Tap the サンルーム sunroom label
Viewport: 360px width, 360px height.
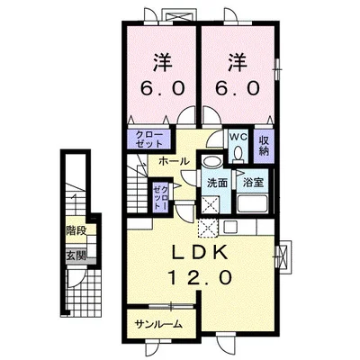click(x=158, y=324)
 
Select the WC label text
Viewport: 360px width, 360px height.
click(x=238, y=138)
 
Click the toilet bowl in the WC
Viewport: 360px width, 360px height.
click(x=238, y=153)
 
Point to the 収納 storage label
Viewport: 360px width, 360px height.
click(x=264, y=146)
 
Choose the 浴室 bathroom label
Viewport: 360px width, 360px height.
click(x=253, y=183)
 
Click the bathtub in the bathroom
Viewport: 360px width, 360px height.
click(x=252, y=203)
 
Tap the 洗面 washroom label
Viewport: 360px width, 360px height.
click(x=218, y=183)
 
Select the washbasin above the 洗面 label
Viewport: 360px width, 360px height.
click(x=211, y=161)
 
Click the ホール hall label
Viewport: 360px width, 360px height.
click(x=174, y=161)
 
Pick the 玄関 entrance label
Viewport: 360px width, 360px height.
click(x=76, y=256)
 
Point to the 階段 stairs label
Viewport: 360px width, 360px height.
click(x=76, y=231)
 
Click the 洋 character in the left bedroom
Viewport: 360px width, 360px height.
click(x=163, y=63)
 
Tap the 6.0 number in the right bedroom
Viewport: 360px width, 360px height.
click(x=237, y=89)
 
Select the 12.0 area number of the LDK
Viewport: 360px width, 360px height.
click(x=200, y=277)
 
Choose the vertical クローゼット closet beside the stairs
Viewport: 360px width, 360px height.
click(x=160, y=196)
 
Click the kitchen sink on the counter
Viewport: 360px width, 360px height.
click(x=231, y=228)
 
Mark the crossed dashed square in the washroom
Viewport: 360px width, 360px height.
click(x=210, y=204)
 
